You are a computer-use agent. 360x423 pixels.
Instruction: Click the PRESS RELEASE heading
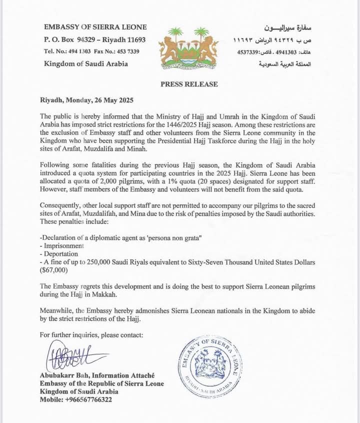[189, 84]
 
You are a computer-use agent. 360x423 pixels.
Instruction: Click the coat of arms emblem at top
[188, 48]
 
